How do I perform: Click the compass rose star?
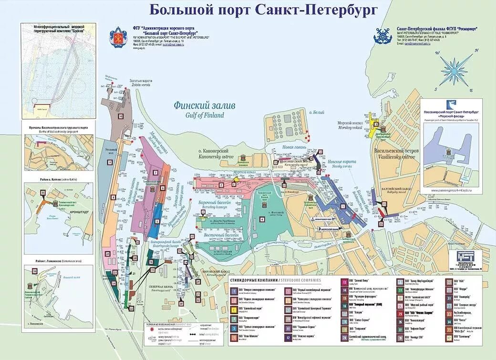click(x=454, y=70)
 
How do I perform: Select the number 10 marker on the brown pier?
click(x=121, y=116)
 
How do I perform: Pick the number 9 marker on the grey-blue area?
click(x=110, y=162)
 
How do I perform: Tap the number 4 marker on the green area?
click(x=262, y=219)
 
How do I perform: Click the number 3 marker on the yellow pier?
click(x=375, y=124)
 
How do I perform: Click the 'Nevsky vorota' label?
click(x=341, y=166)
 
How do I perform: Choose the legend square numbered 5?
click(x=234, y=329)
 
